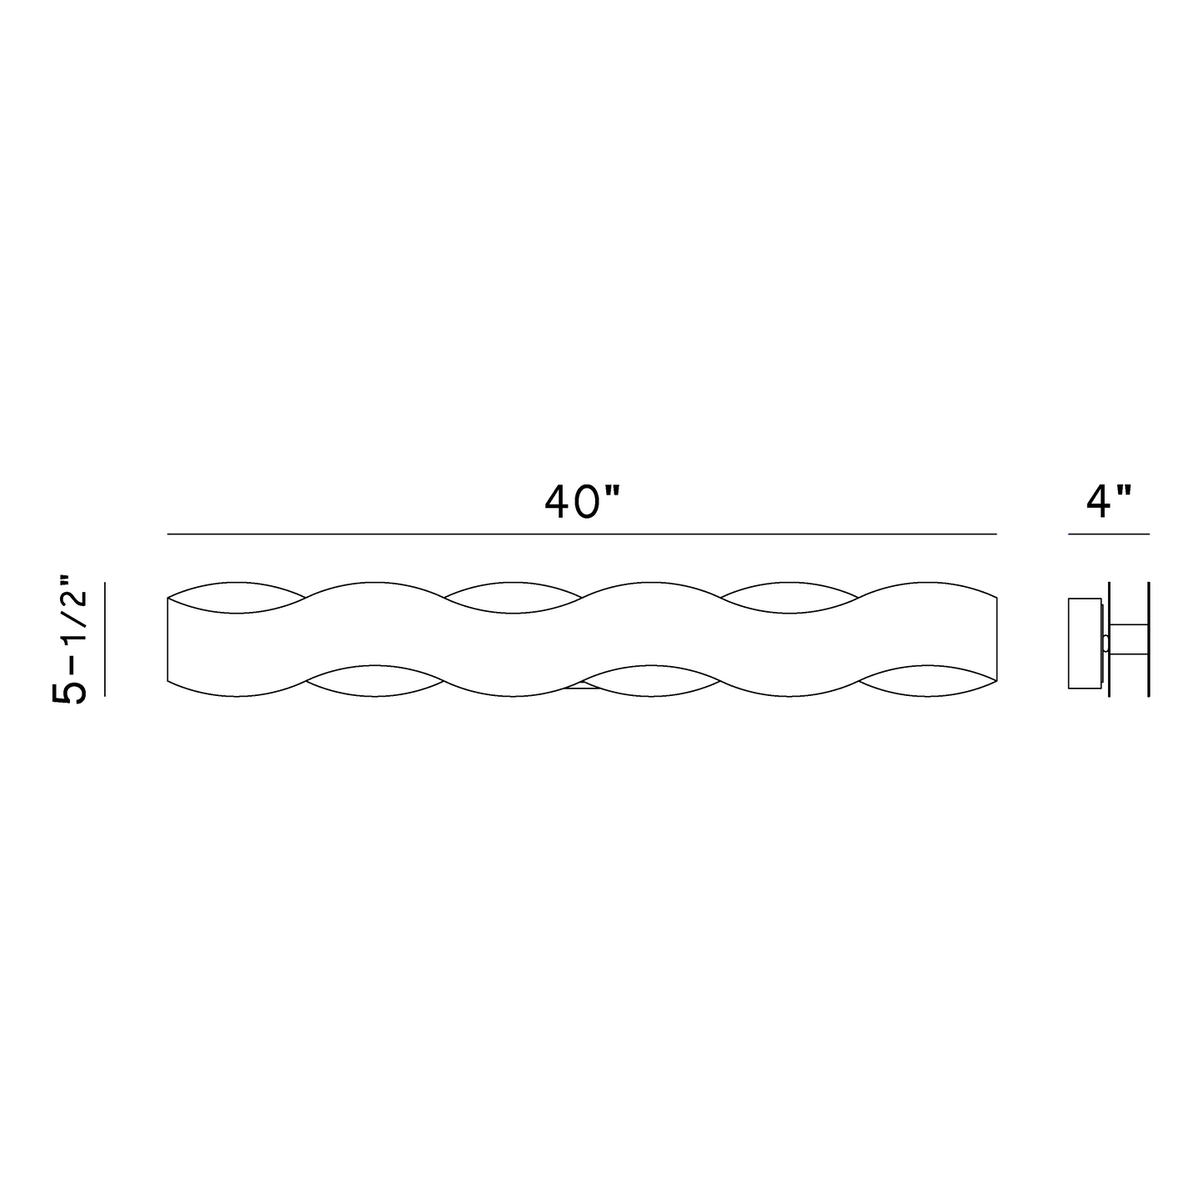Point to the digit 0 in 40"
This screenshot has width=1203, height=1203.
point(587,503)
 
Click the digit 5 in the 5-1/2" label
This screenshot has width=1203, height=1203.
point(69,693)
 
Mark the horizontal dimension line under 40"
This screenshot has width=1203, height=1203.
point(582,534)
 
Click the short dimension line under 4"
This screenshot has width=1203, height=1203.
point(1109,534)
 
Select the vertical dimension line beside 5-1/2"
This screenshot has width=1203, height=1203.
point(105,639)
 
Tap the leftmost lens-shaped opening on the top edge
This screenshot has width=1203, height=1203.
point(236,598)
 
